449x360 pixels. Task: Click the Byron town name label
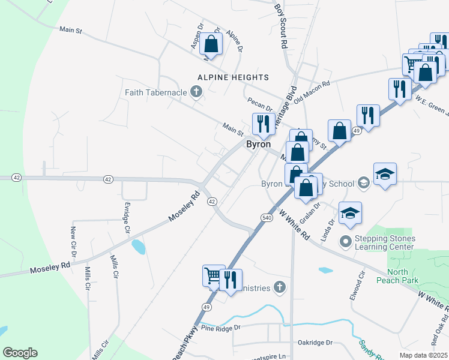[258, 145]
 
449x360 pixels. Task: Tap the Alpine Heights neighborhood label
[234, 77]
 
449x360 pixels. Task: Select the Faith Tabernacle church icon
[195, 92]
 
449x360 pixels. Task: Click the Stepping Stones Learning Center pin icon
[345, 242]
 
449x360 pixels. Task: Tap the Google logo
[20, 353]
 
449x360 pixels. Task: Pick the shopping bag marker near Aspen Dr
[211, 43]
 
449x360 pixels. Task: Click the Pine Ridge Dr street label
[221, 328]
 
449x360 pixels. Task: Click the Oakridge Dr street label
[315, 343]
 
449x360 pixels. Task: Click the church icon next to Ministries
[279, 288]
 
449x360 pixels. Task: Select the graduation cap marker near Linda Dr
[351, 213]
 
